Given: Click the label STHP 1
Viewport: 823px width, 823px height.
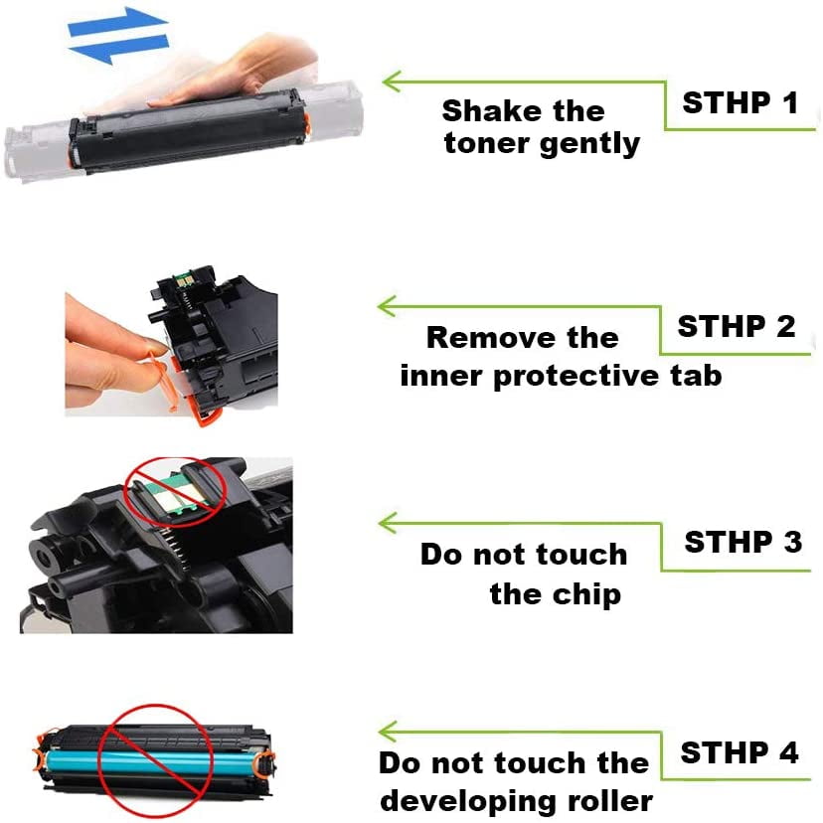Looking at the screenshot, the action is click(741, 102).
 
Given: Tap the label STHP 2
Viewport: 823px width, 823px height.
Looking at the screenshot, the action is click(737, 326).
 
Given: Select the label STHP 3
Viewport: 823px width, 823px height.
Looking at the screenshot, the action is click(743, 542).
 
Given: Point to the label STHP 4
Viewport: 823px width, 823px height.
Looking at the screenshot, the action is click(740, 752).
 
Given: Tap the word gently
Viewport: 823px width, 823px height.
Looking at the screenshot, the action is click(590, 144).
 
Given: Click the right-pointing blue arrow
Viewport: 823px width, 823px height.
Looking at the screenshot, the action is click(117, 22).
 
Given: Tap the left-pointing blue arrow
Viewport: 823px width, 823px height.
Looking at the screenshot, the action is click(118, 50).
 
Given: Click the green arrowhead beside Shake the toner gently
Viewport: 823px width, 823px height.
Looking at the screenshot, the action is click(393, 82).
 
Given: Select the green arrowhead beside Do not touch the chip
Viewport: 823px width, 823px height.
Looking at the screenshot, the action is click(389, 523).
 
